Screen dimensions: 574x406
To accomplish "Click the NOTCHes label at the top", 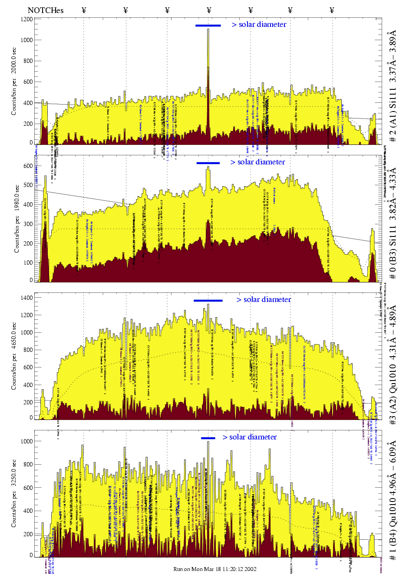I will [46, 10].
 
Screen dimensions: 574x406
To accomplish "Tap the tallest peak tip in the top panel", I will [208, 30].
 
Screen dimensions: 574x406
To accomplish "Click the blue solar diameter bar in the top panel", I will [208, 26].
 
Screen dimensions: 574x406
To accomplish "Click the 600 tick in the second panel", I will [28, 166].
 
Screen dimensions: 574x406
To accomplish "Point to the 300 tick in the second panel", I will [28, 224].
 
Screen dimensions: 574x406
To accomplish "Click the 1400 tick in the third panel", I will [27, 298].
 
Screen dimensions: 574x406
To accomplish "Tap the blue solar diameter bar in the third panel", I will [208, 300].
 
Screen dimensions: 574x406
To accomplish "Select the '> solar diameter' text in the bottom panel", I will [250, 437].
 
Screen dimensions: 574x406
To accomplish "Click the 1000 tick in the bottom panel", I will [27, 441].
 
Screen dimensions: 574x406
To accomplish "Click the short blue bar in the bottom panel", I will [208, 438].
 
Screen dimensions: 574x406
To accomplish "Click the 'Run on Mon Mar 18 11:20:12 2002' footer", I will [215, 569].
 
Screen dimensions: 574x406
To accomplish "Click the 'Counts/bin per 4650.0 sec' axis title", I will [14, 356].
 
